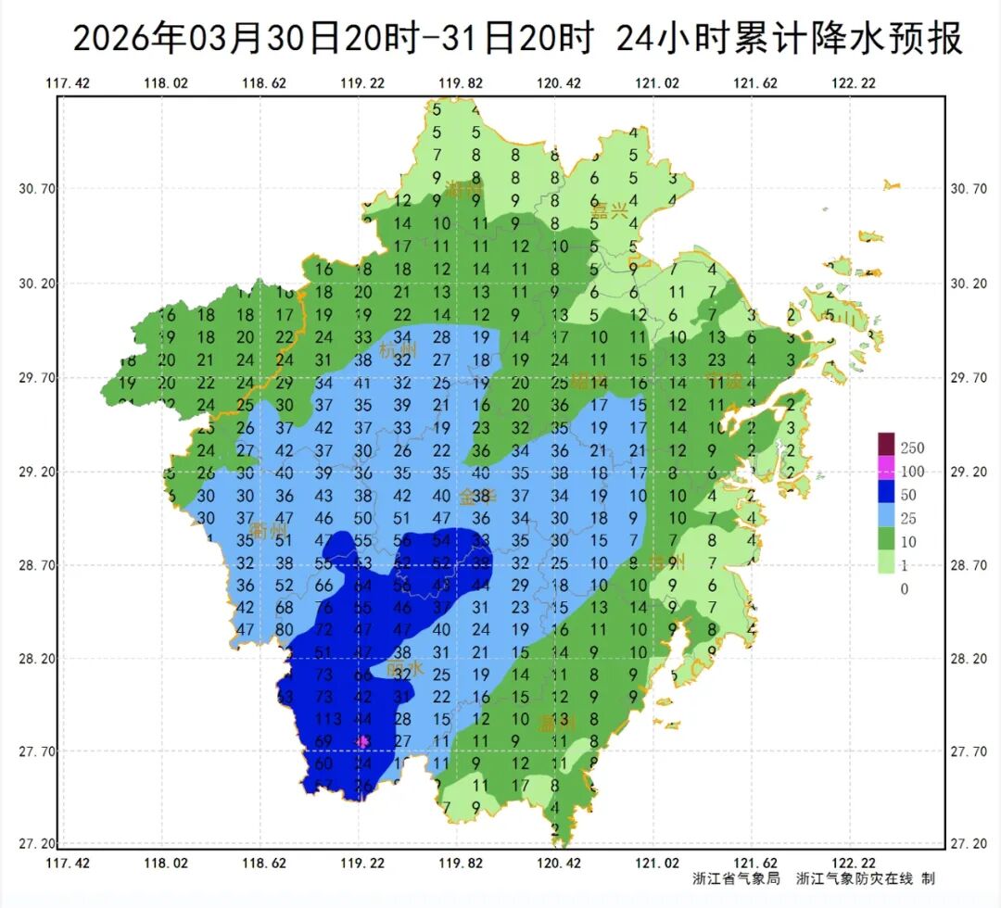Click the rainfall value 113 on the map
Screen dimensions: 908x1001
(328, 718)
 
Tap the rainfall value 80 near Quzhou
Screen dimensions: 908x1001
(285, 630)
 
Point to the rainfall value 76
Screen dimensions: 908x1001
(323, 607)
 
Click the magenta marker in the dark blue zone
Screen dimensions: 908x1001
(362, 741)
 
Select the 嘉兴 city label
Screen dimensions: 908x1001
(610, 211)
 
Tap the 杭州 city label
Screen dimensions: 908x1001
(399, 350)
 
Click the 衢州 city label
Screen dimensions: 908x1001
(269, 530)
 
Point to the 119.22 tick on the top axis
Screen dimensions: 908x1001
(363, 83)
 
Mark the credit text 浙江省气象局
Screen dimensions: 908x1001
(738, 878)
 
